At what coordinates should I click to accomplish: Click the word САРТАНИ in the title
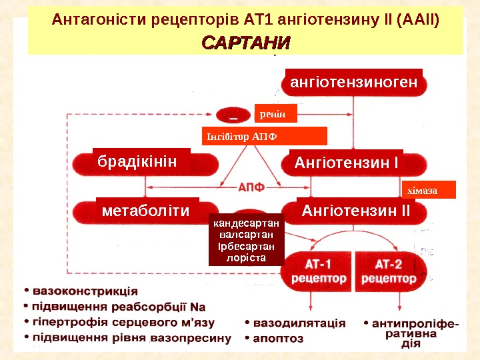coord(246,44)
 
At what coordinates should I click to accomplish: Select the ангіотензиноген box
coord(353,82)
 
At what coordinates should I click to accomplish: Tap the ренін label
coord(273,114)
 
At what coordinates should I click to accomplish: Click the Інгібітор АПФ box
coord(264,136)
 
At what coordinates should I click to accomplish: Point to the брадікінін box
coord(141,161)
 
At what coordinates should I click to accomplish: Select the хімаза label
coord(427,190)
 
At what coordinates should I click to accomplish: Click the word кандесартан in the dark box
coord(247,225)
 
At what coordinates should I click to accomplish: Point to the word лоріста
coord(247,257)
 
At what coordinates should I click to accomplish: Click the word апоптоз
coord(279,338)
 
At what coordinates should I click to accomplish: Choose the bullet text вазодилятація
coord(299,323)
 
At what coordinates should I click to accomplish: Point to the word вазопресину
coord(195,338)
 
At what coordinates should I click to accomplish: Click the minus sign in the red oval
coord(235,117)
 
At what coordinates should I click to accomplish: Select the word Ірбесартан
coord(247,246)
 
